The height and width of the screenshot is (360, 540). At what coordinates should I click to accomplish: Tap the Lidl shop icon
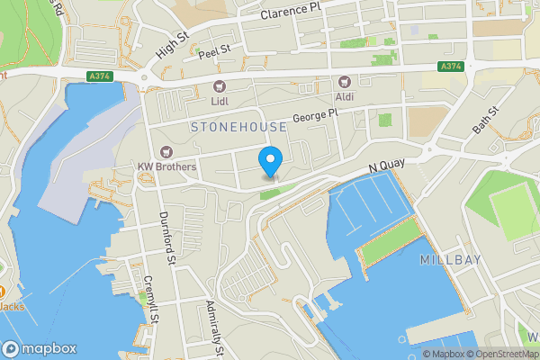(220, 86)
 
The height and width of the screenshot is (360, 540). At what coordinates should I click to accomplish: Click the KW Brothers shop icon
(165, 152)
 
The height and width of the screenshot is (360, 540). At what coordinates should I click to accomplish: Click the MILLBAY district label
(451, 259)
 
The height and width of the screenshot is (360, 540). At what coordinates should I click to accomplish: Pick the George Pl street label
(314, 117)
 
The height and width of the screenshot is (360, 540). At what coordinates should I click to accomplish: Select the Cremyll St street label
(151, 300)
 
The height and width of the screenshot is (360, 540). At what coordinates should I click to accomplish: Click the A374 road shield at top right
(451, 67)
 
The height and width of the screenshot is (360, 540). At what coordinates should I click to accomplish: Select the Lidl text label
(220, 102)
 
